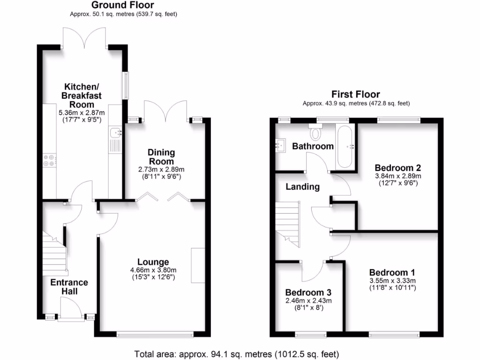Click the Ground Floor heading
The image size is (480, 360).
tap(122, 5)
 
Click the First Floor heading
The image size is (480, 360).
tap(356, 94)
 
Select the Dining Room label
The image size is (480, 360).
tap(161, 157)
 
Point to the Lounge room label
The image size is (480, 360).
tap(153, 262)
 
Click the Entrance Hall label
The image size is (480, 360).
tap(69, 286)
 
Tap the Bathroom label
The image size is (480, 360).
tap(313, 146)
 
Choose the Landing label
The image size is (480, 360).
tap(303, 187)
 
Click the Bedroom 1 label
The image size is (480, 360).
tap(392, 272)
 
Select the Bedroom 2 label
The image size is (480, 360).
tap(398, 168)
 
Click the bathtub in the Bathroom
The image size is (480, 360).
tap(346, 146)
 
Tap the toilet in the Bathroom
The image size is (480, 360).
tap(315, 133)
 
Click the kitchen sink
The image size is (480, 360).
tap(115, 134)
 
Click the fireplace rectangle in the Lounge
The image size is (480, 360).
tap(198, 265)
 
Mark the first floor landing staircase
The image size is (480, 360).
tap(287, 224)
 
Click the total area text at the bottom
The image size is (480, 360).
tap(236, 354)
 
